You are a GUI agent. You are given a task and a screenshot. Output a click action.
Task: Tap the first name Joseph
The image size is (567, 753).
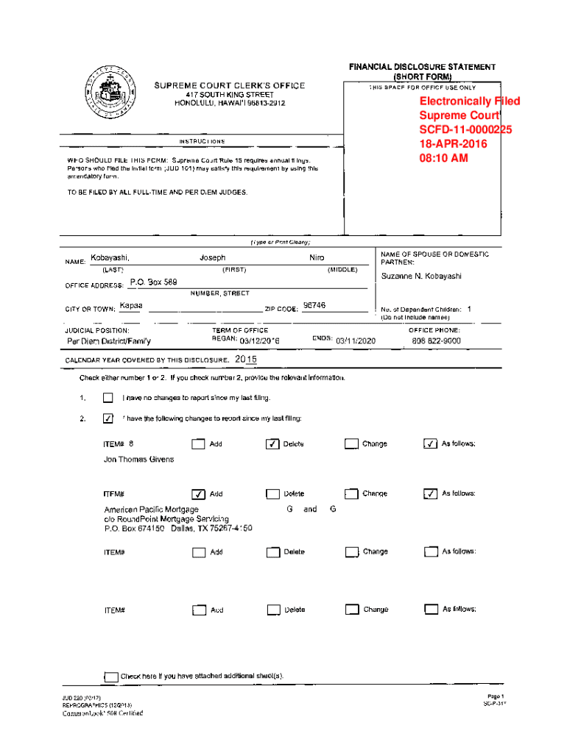pos(213,258)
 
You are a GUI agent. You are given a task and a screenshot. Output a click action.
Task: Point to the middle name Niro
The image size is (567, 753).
pos(317,258)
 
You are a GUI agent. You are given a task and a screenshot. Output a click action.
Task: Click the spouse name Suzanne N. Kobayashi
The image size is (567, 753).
pos(421,276)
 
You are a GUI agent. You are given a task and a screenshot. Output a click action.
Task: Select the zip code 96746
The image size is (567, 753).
pos(314,305)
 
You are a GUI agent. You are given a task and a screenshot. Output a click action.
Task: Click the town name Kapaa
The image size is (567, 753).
pos(131,305)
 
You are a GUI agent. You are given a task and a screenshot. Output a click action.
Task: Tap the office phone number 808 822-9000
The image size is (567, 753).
pos(437,341)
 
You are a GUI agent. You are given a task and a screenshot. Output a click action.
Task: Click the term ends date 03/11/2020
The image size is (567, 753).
pos(356,341)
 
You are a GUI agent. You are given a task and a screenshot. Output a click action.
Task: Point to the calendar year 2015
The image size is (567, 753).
pos(246,360)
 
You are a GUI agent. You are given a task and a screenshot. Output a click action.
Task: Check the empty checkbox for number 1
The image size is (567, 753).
pos(108,399)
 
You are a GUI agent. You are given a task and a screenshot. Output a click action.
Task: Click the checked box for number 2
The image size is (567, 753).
pos(108,419)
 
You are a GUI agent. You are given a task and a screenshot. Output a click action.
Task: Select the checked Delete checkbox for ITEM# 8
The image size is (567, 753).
pos(272,444)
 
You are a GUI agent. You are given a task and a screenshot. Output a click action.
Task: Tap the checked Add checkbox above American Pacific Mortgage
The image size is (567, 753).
pos(197,494)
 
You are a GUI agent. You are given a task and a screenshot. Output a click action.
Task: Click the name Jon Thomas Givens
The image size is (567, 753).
pos(139,460)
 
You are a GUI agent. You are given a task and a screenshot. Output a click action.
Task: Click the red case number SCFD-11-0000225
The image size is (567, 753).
pos(465,129)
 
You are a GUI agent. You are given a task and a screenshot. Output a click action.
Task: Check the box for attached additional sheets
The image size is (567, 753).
pos(111,677)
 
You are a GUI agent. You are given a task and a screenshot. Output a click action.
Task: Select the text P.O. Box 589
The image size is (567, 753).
pos(153,282)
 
